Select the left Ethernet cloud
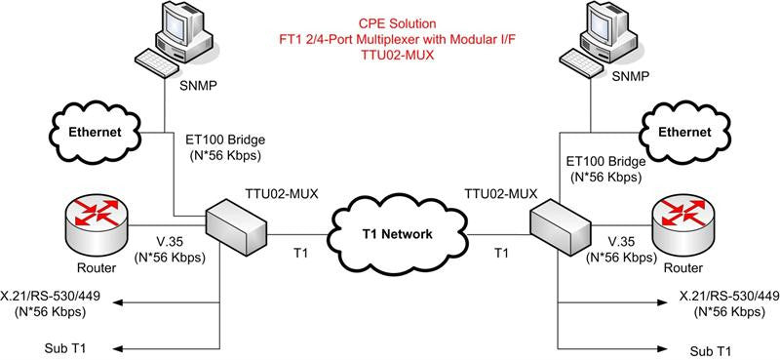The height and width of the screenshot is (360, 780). coord(95,133)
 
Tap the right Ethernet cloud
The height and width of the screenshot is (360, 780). coord(684,133)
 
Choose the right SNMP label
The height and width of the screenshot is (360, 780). coord(631,76)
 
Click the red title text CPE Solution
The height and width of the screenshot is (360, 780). coord(397,22)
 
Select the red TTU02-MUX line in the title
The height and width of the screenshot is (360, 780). coord(397,56)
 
